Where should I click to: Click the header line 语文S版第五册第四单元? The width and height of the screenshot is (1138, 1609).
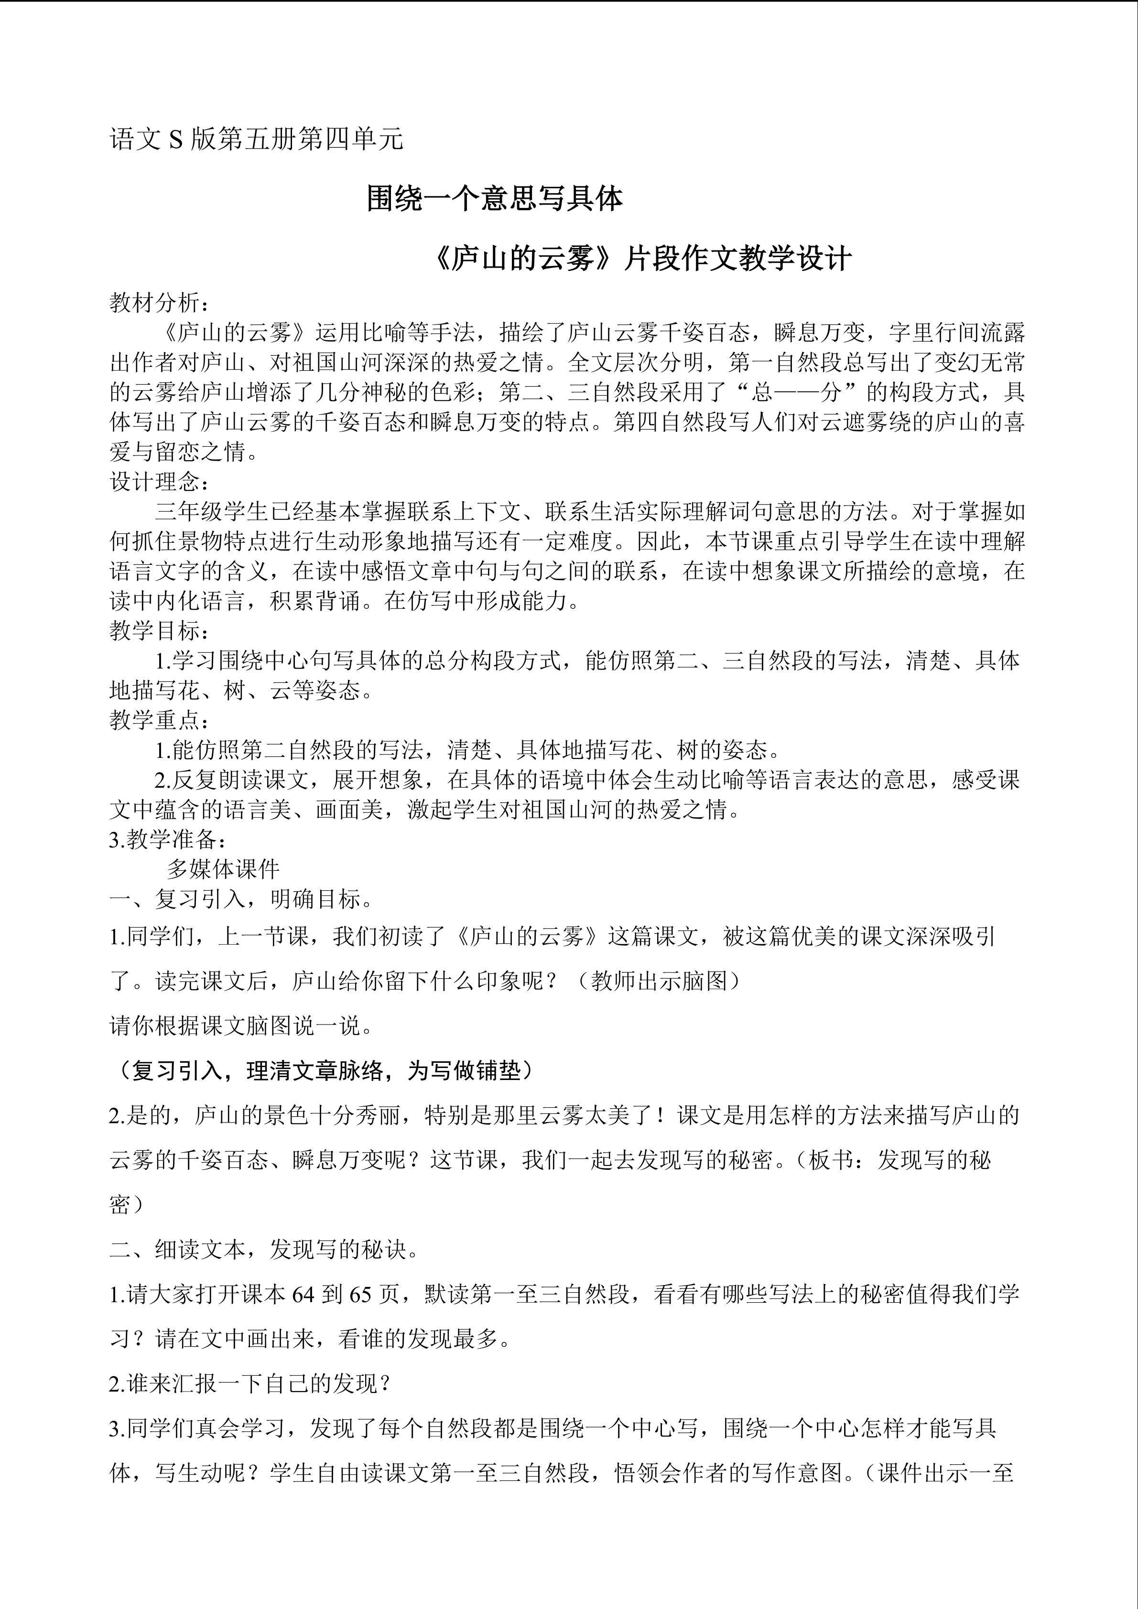point(257,140)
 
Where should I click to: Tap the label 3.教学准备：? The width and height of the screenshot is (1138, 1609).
point(167,840)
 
